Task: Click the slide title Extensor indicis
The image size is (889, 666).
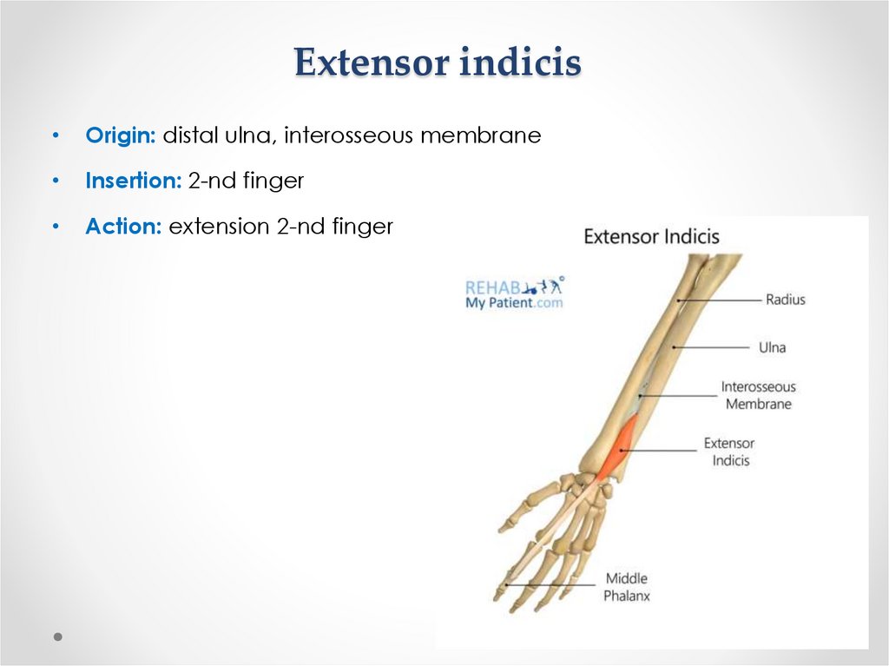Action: click(437, 63)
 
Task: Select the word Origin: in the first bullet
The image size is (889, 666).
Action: click(121, 135)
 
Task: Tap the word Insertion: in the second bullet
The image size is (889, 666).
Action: click(133, 181)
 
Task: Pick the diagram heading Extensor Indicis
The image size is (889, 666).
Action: click(651, 236)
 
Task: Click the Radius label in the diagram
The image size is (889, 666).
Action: click(785, 300)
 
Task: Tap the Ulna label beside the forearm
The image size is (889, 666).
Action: click(772, 347)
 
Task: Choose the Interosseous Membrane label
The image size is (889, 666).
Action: click(759, 395)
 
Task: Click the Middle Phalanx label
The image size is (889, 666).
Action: click(627, 587)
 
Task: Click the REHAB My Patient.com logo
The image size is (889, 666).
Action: click(514, 293)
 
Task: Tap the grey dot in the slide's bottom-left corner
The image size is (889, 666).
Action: click(57, 636)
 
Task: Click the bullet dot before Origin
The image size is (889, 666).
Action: click(56, 136)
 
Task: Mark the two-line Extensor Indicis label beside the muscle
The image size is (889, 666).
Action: click(729, 452)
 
